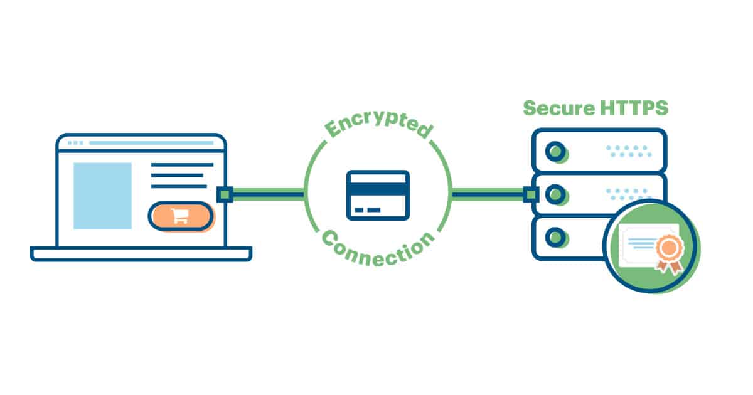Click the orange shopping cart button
point(181,216)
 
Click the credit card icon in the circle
point(378,195)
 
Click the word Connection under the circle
point(378,247)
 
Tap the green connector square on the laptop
point(225,194)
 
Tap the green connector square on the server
point(531,194)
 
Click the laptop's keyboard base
point(141,253)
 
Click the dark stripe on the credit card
point(378,186)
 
